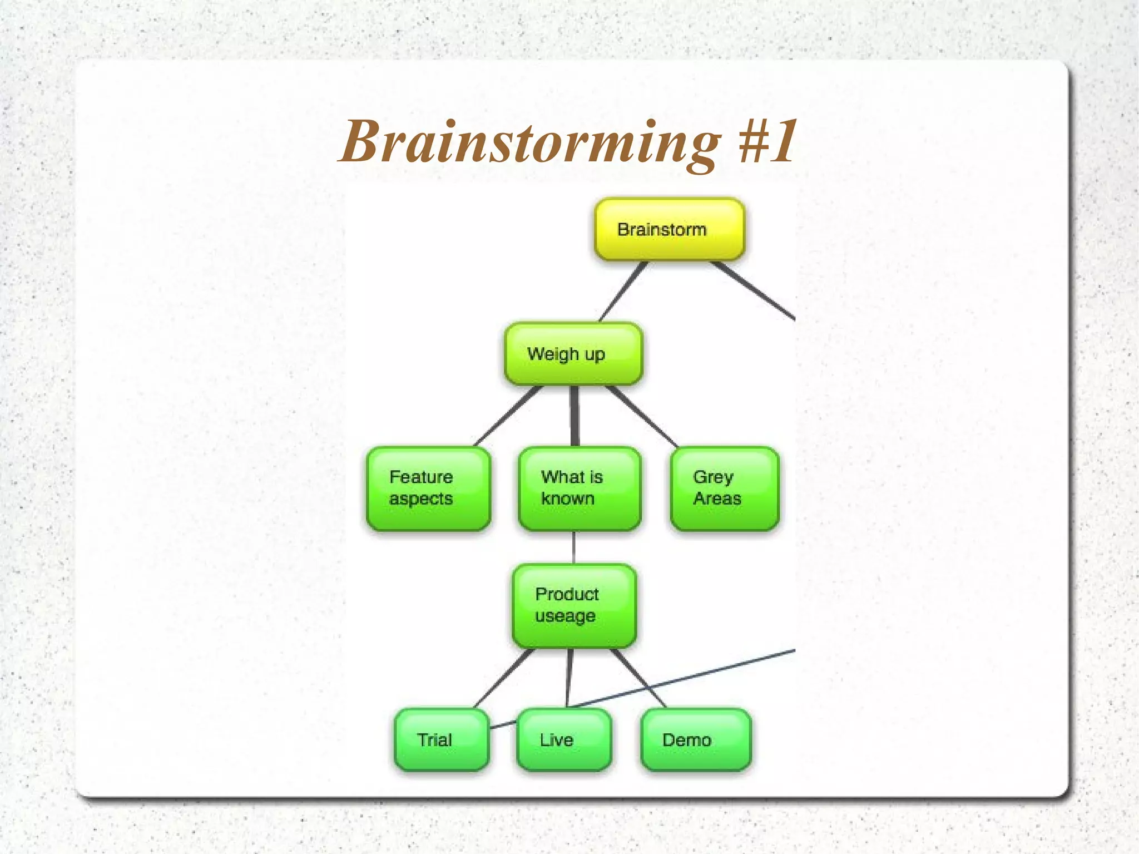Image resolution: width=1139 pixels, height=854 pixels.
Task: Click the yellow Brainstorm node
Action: point(669,229)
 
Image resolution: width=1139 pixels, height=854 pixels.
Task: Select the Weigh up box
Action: point(573,354)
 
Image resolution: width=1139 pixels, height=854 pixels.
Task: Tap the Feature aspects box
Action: point(428,488)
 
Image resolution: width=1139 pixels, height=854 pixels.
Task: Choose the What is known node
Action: point(580,488)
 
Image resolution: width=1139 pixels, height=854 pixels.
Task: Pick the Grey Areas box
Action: point(725,488)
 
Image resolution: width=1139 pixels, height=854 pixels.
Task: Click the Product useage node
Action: point(574,605)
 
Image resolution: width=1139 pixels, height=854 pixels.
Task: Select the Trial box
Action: point(442,739)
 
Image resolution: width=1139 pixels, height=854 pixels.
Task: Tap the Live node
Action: point(564,739)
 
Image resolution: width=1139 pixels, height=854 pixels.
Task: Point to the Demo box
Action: point(696,739)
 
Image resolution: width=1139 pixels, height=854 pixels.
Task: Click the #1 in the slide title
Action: point(768,142)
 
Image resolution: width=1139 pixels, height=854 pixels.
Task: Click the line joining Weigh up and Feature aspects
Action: point(507,416)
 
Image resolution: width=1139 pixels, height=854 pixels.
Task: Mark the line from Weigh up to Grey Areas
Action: point(641,416)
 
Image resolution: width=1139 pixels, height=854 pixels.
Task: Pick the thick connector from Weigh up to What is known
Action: point(575,416)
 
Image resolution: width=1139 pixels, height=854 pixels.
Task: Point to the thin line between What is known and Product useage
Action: point(574,547)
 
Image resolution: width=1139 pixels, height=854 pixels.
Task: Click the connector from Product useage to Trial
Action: point(503,678)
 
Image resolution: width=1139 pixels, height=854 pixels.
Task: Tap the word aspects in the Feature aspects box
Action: point(421,499)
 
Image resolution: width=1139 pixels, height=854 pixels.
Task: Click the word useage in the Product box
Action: point(565,616)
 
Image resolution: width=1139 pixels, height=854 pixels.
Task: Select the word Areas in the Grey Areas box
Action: point(717,498)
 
